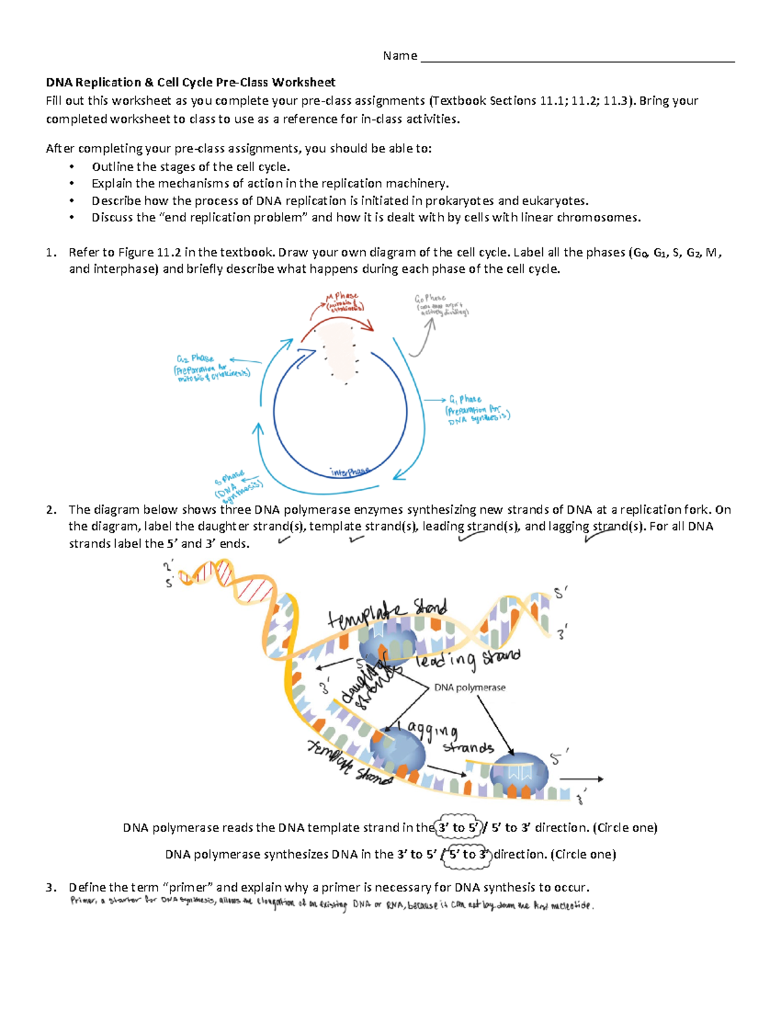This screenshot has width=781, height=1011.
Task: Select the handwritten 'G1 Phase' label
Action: (x=465, y=399)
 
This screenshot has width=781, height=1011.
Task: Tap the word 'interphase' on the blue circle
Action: (x=349, y=471)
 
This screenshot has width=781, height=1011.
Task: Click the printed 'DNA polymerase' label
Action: (x=469, y=687)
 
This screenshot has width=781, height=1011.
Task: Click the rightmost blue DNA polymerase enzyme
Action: (x=519, y=773)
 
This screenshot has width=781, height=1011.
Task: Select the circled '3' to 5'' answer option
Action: (x=459, y=827)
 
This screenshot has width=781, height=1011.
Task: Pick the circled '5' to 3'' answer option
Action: (x=468, y=854)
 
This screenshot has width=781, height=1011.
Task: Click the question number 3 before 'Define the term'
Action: (x=51, y=887)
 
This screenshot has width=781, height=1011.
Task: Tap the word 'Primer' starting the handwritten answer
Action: (x=83, y=902)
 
